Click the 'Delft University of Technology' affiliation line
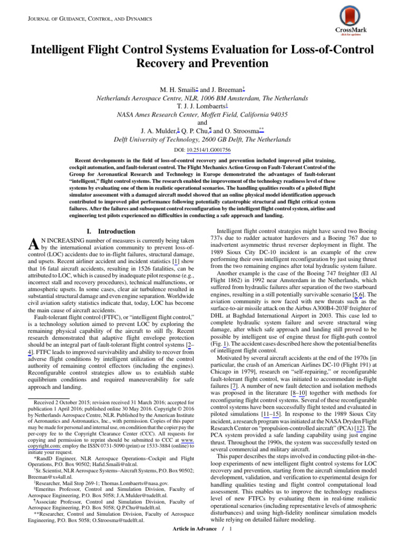coord(202,140)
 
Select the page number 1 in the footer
coord(230,528)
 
